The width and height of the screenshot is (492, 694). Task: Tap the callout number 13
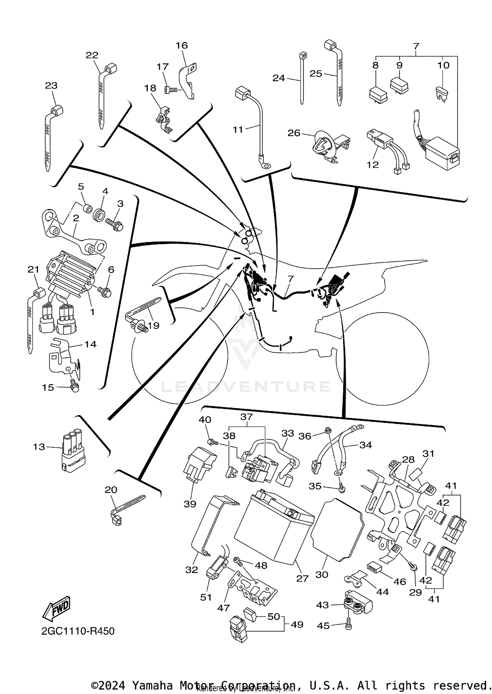39,447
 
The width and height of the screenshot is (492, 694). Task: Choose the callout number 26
294,133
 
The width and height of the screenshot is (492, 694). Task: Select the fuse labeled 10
442,94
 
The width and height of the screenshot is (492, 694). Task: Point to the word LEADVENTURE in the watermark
246,387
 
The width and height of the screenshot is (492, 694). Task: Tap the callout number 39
190,504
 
